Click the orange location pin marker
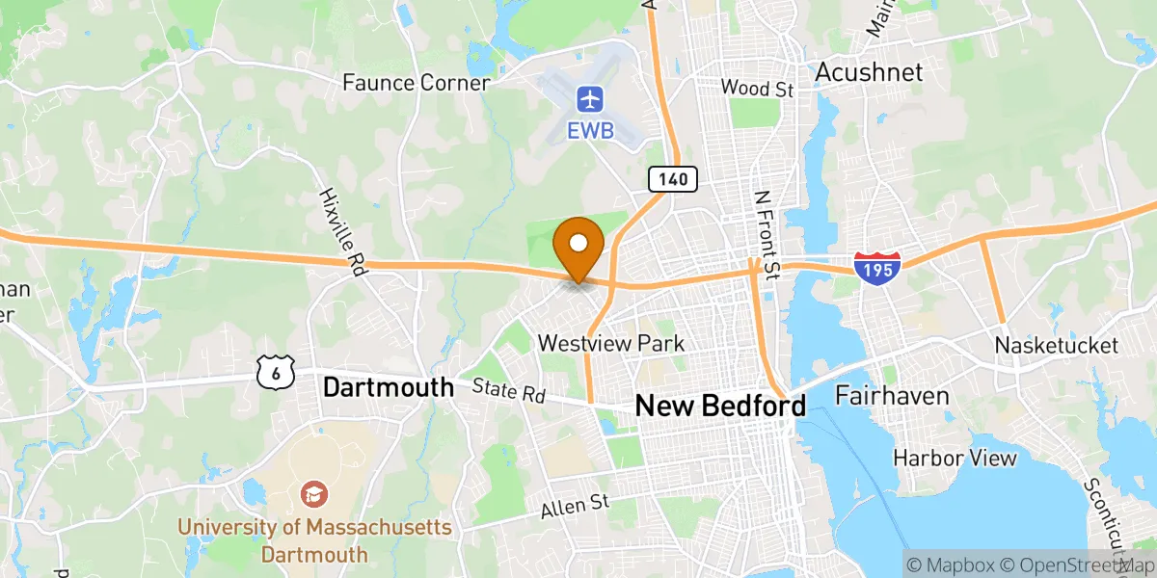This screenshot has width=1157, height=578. click(x=579, y=245)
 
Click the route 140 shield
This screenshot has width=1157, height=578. click(x=673, y=178)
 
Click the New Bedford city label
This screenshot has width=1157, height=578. click(x=720, y=406)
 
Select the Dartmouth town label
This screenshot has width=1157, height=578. click(x=388, y=387)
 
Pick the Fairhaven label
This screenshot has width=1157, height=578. click(x=892, y=395)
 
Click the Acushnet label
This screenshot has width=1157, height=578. click(x=869, y=71)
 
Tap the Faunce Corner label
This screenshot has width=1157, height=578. click(x=416, y=83)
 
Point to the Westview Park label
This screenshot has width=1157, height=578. click(x=611, y=343)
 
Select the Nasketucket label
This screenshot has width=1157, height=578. click(x=1056, y=345)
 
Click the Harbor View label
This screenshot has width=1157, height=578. click(x=955, y=457)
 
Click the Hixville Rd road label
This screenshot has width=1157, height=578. click(x=342, y=232)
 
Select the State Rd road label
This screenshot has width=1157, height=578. click(x=508, y=391)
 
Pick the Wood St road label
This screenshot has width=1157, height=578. click(x=757, y=89)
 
